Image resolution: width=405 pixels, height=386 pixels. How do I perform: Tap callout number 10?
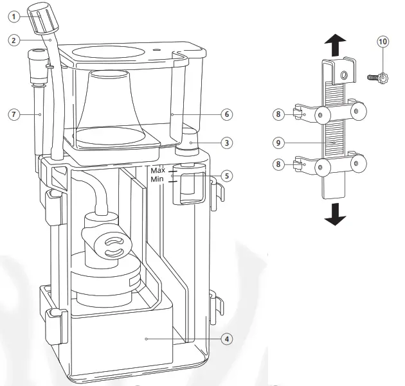click(383, 42)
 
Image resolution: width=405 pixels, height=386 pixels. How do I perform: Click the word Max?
click(158, 171)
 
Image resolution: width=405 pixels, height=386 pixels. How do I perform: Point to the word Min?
click(157, 180)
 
